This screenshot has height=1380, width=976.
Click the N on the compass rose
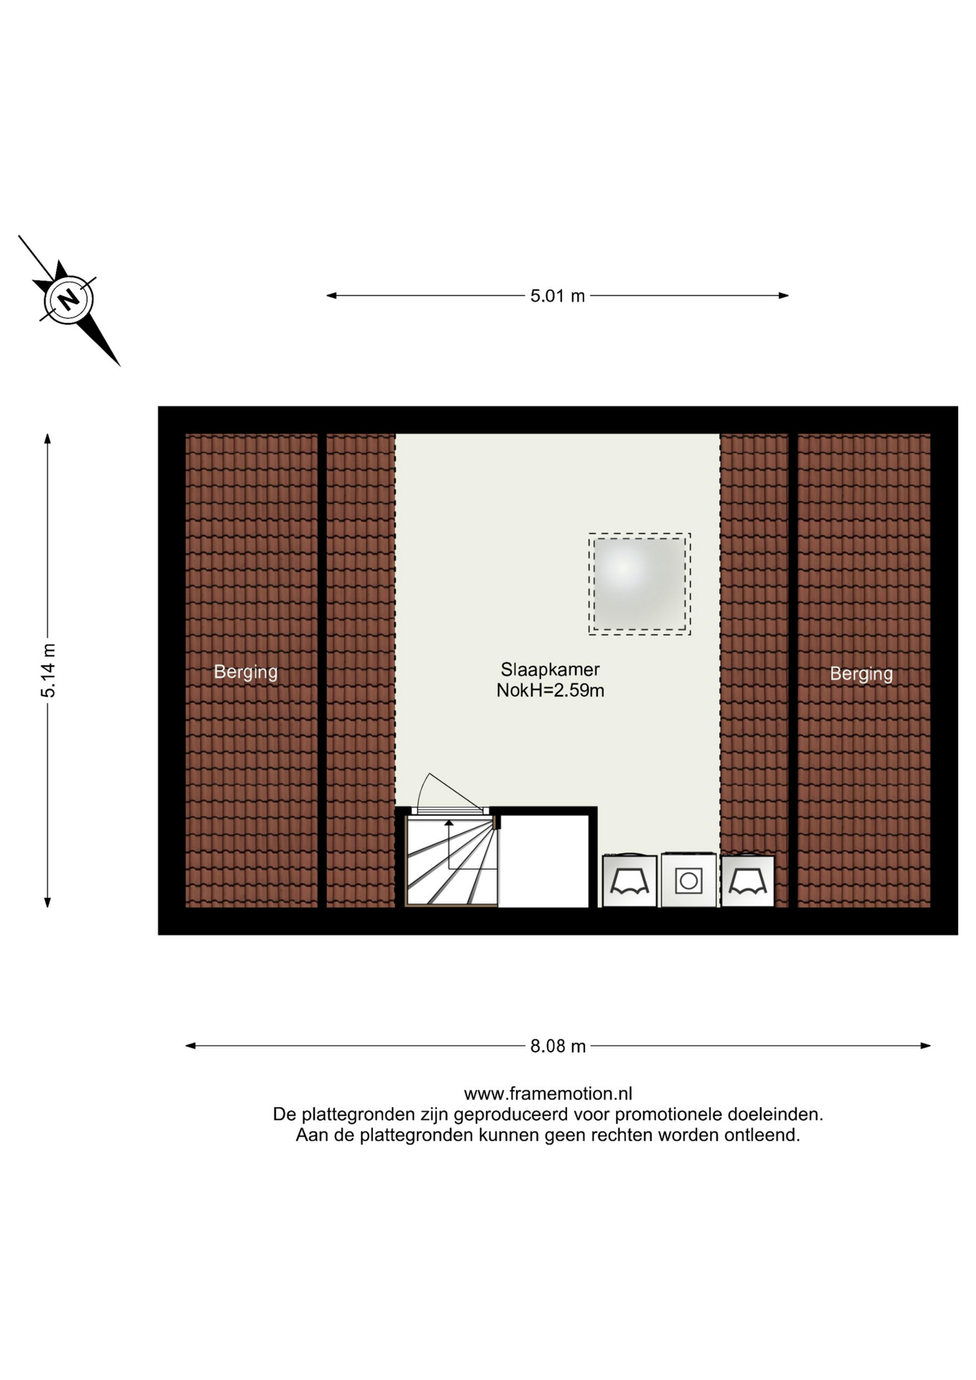click(x=69, y=299)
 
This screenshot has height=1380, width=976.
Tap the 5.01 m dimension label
click(x=558, y=295)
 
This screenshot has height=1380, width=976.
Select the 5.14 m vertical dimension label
click(x=48, y=671)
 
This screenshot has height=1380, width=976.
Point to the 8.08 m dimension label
click(x=558, y=1046)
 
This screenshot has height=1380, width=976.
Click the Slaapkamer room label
click(x=550, y=669)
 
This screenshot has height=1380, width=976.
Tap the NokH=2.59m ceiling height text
click(x=550, y=691)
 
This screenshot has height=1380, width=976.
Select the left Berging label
click(x=246, y=672)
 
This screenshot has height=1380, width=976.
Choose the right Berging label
click(x=861, y=673)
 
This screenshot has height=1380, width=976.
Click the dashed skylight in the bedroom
click(x=640, y=584)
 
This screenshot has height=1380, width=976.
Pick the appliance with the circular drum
click(x=689, y=880)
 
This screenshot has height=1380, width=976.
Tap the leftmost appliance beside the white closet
click(x=630, y=880)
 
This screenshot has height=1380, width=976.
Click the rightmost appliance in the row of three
click(x=748, y=880)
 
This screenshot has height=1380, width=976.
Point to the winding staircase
click(x=451, y=860)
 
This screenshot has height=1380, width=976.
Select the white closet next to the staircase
click(x=543, y=861)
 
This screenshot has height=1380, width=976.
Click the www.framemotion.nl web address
click(x=548, y=1093)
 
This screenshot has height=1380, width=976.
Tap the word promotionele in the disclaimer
click(x=668, y=1114)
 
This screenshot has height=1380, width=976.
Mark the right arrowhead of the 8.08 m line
click(x=926, y=1046)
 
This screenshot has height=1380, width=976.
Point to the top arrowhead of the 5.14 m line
click(x=47, y=438)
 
